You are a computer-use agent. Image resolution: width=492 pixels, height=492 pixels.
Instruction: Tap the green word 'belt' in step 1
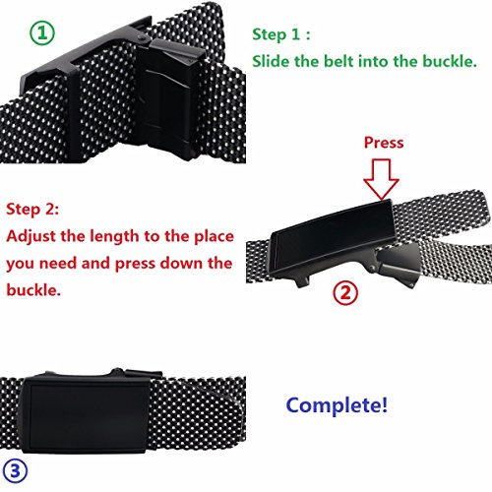350,62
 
